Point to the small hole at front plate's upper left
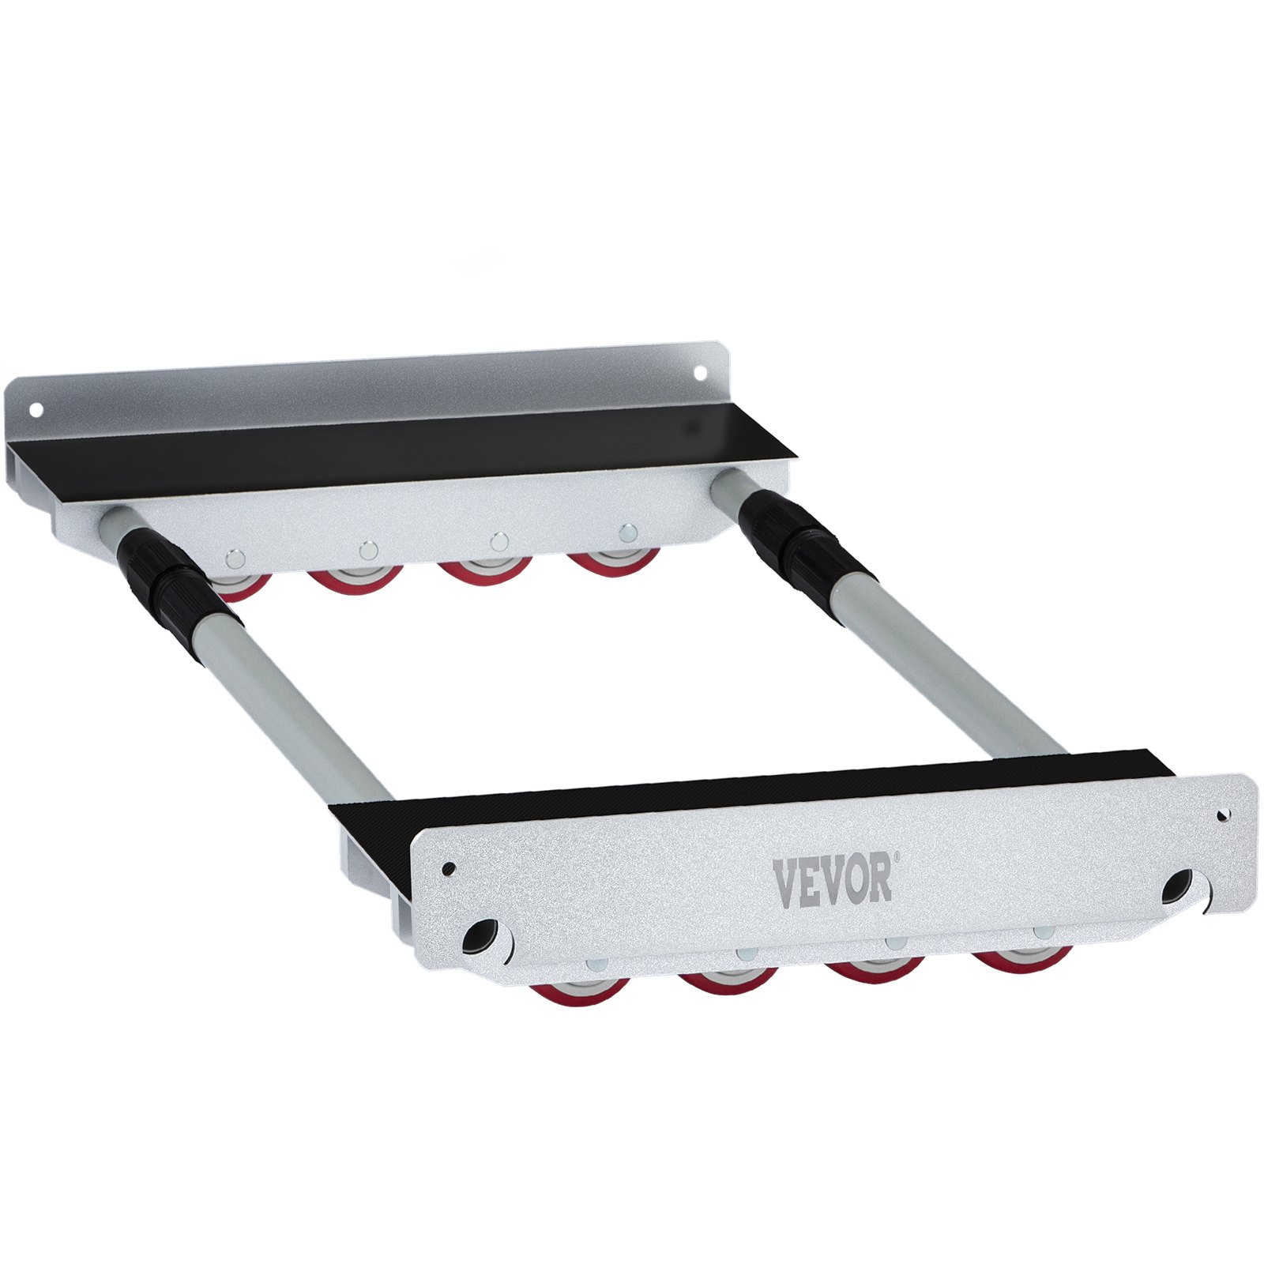click(x=449, y=868)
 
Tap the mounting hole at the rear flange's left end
click(x=35, y=409)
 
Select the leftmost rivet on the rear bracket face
click(x=233, y=559)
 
